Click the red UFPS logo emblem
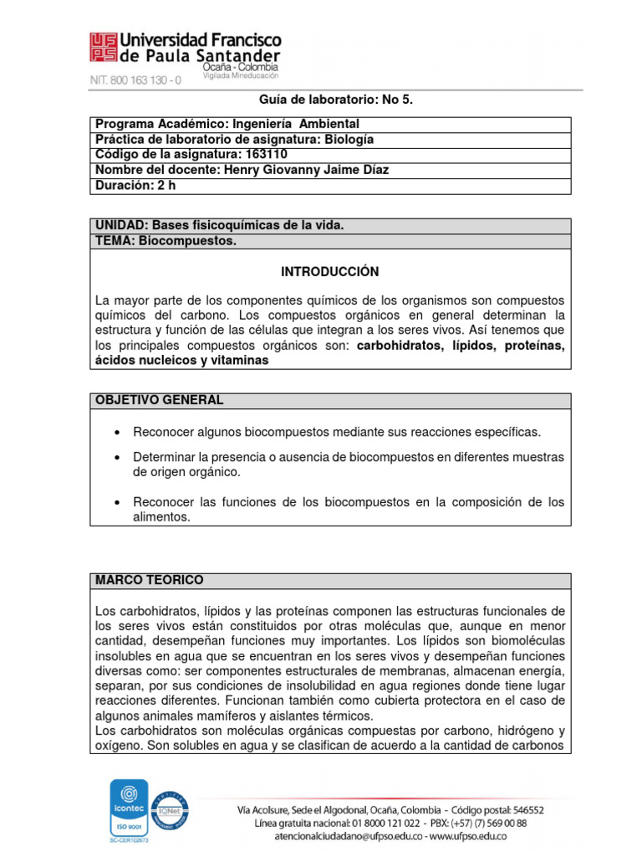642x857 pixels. [x=104, y=48]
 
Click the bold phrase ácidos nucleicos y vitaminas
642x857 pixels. [x=182, y=360]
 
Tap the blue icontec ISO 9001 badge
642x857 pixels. [x=130, y=809]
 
